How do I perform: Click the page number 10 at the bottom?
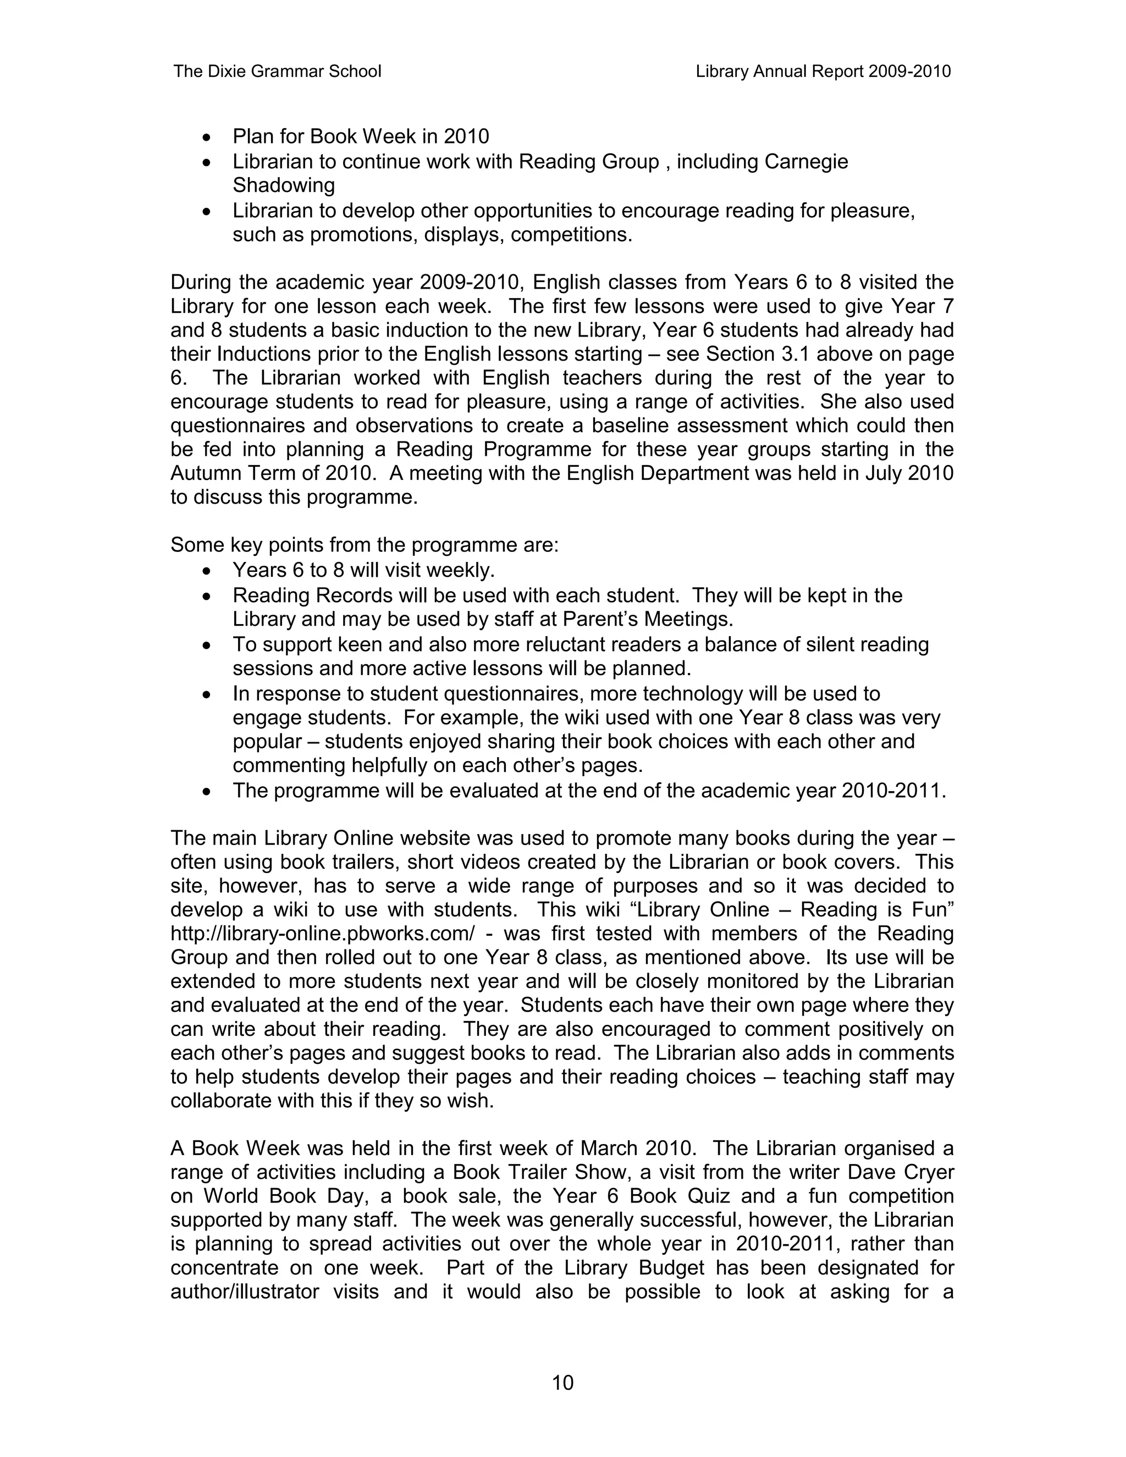(x=562, y=1383)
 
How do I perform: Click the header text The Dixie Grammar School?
(x=277, y=71)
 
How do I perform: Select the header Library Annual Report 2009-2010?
(x=823, y=71)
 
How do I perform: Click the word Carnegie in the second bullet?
(x=806, y=162)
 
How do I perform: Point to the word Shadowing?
(x=284, y=185)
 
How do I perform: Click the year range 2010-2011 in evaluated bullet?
(x=891, y=791)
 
